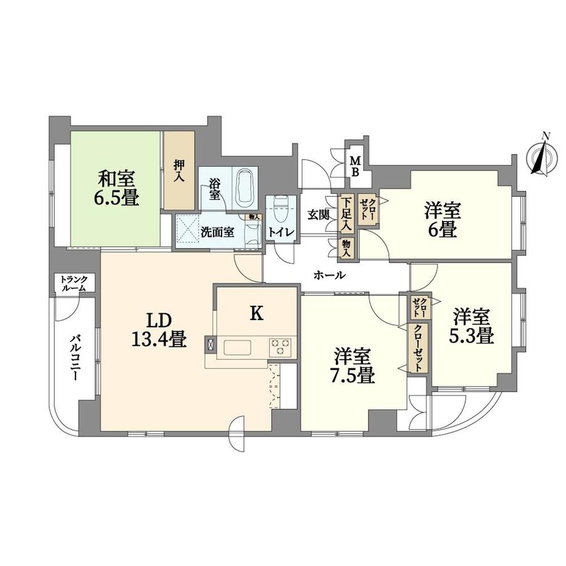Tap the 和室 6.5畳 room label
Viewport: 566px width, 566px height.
[117, 188]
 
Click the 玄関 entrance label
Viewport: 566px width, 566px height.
[319, 215]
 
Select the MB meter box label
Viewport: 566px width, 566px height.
[356, 166]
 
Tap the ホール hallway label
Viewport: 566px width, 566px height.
[330, 276]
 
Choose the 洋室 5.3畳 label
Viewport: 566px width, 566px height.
[472, 327]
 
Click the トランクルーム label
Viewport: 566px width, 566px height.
[74, 284]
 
